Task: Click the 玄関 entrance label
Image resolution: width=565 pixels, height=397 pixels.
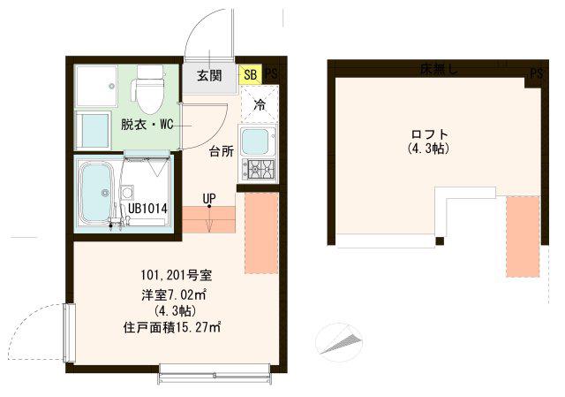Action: (209, 76)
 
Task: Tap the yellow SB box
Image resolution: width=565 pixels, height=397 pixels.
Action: (251, 74)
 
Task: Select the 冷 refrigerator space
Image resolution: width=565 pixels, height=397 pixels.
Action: (260, 103)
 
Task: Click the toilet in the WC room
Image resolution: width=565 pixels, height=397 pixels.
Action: (149, 89)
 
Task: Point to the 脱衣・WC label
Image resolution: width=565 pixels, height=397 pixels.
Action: (147, 125)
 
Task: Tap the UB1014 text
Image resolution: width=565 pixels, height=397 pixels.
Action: (147, 209)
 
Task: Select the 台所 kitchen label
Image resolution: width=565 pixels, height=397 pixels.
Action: (222, 151)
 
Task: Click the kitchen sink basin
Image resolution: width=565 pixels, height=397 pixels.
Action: (255, 141)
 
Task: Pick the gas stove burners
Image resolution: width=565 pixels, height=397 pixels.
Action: (259, 169)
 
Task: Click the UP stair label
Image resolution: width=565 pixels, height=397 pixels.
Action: (209, 198)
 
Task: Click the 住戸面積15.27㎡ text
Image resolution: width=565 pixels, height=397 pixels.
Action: (172, 328)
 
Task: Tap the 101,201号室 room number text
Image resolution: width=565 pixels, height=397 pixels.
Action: (177, 276)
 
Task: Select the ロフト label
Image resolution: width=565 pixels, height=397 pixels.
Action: (430, 134)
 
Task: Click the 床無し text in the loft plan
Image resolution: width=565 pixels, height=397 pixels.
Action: (439, 70)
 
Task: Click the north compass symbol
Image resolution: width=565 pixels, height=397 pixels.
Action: (338, 341)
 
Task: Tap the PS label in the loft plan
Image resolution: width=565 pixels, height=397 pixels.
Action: (536, 74)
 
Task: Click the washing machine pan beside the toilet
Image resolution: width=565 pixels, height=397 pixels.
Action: (96, 86)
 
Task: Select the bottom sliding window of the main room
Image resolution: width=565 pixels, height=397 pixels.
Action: (214, 375)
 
